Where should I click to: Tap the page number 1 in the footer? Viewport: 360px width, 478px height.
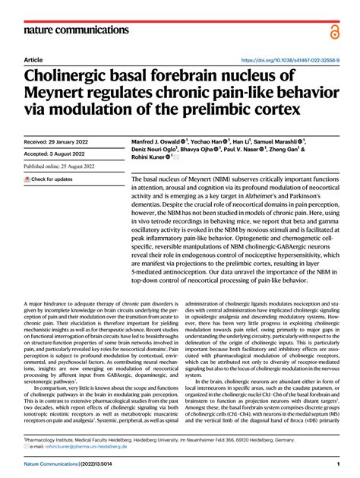click(336, 464)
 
